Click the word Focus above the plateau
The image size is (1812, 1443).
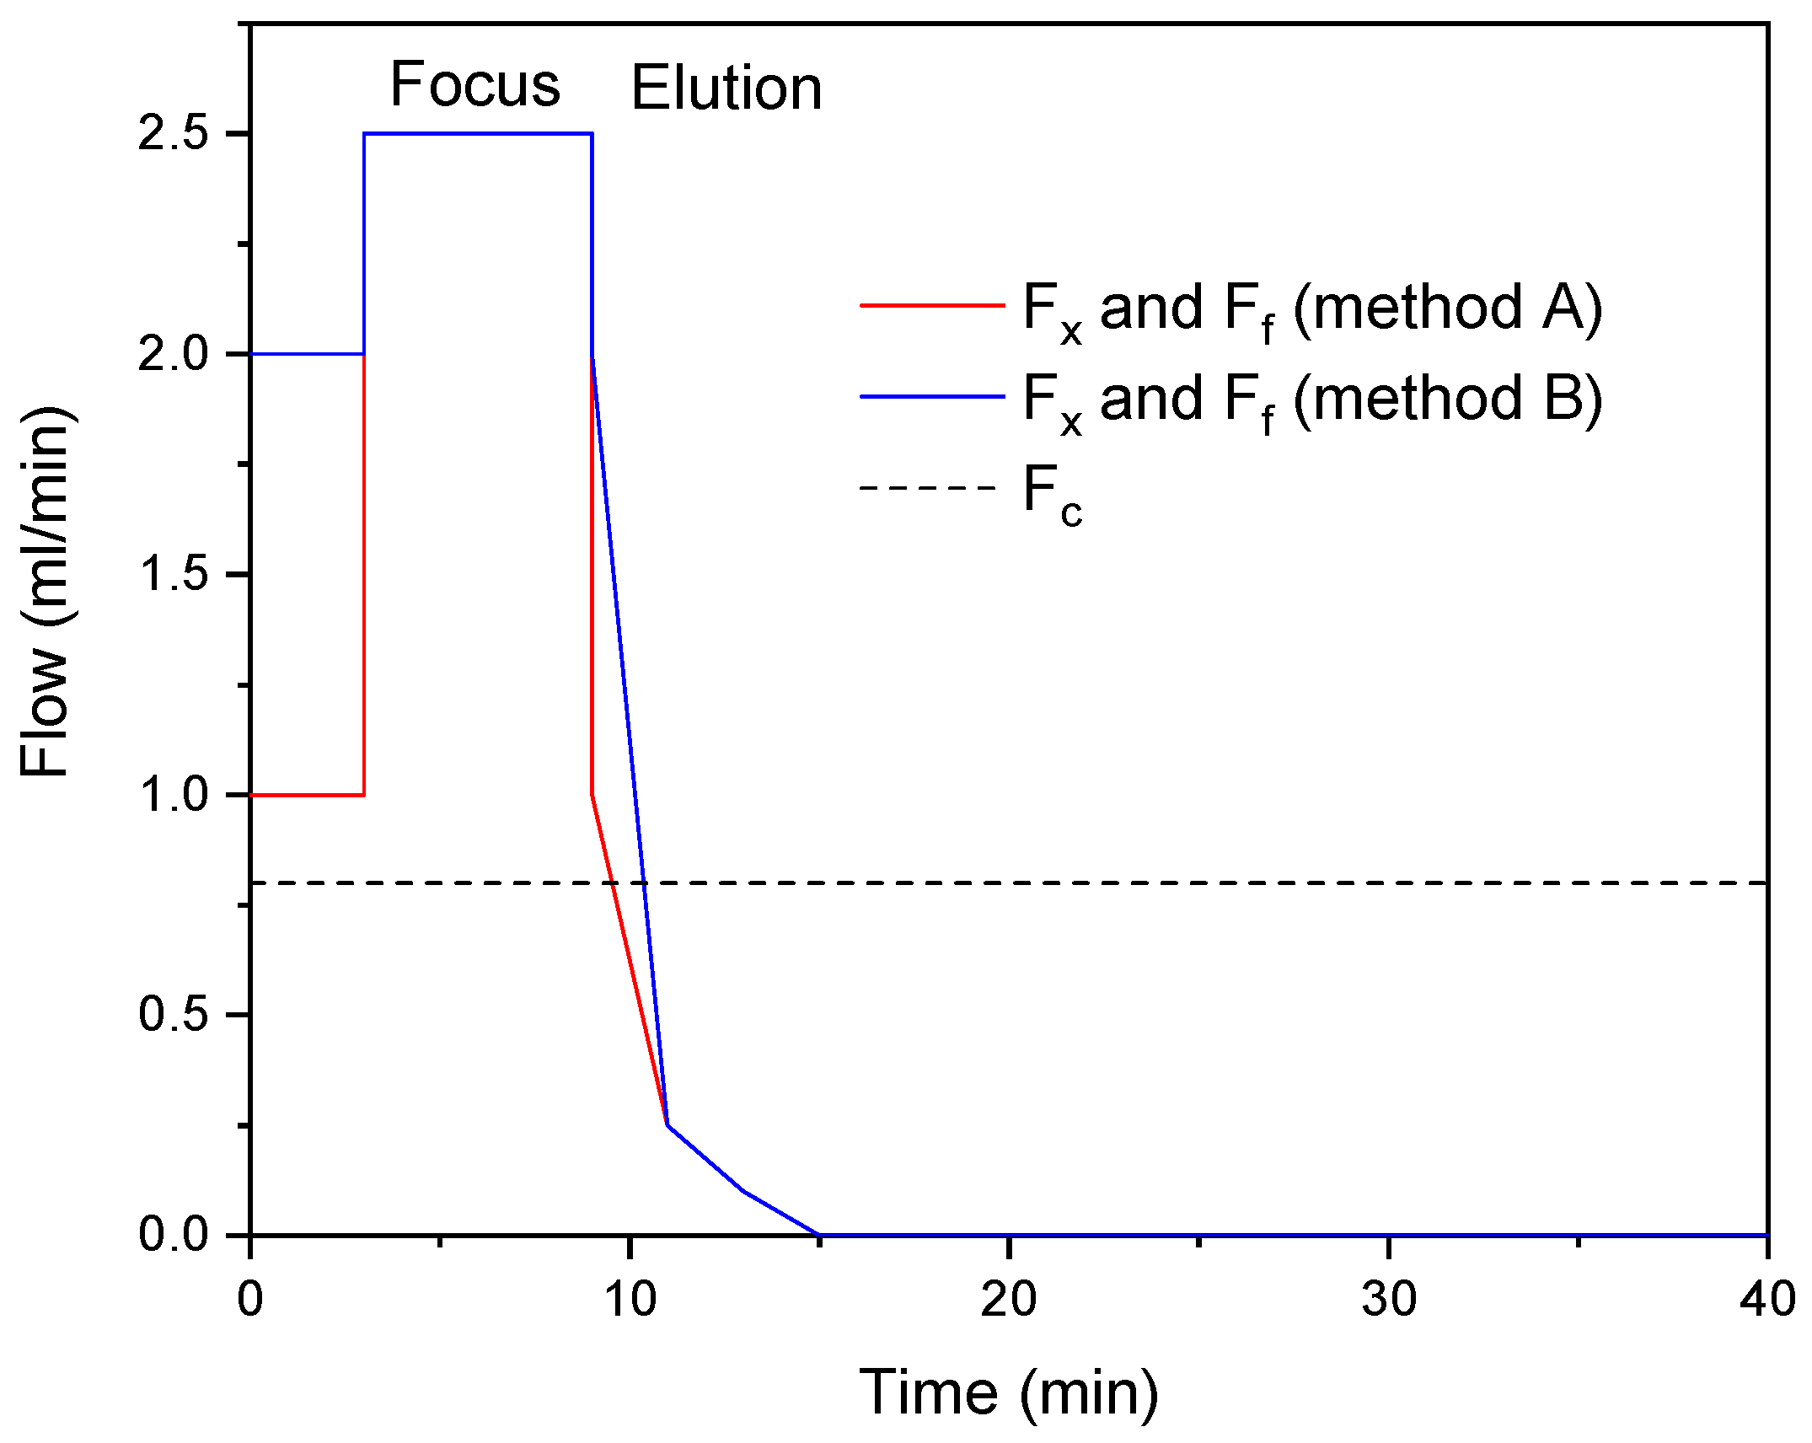click(x=474, y=85)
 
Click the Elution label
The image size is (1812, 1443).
click(x=726, y=89)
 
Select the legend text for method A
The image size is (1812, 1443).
click(x=1311, y=309)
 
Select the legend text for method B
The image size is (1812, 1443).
click(x=1311, y=400)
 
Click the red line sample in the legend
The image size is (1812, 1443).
click(x=931, y=305)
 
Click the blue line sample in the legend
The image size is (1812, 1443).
click(x=931, y=396)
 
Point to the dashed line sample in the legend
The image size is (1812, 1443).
click(x=928, y=487)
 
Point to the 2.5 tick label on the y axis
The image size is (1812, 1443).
click(x=173, y=134)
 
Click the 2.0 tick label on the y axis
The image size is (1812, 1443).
click(x=173, y=354)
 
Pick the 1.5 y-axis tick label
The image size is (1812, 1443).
click(x=173, y=575)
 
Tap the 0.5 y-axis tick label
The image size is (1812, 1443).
click(x=173, y=1014)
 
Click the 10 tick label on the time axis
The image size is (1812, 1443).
click(x=630, y=1299)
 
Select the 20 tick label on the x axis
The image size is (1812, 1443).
click(x=1009, y=1299)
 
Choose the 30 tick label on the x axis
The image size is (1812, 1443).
click(x=1389, y=1299)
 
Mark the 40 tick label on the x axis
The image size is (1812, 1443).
click(x=1767, y=1299)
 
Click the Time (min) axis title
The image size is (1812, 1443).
click(x=1008, y=1392)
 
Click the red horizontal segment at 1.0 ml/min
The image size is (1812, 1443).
click(x=307, y=795)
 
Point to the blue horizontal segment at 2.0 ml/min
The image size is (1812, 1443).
click(x=307, y=353)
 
